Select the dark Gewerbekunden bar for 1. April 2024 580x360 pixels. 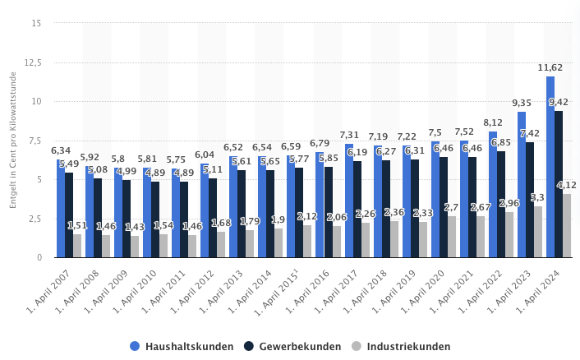559,184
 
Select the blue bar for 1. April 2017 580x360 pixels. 349,201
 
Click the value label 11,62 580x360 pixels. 550,67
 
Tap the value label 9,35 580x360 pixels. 522,103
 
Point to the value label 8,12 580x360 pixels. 493,122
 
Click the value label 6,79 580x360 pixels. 320,143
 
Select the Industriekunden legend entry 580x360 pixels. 401,346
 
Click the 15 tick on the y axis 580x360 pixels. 37,23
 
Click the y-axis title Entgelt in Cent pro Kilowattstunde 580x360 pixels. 14,140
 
